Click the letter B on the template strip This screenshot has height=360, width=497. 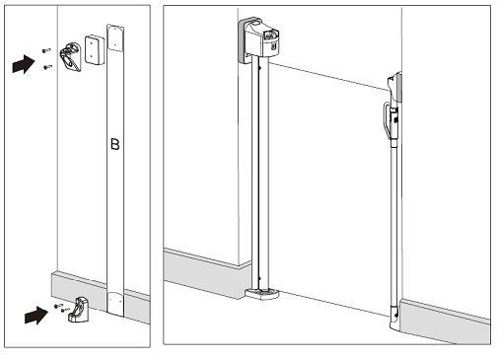(x=114, y=144)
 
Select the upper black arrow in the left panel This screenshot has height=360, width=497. (x=24, y=64)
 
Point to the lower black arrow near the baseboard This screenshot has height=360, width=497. (x=36, y=315)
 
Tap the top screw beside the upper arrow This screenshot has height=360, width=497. (x=46, y=50)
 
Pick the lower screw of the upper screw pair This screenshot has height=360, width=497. (x=48, y=67)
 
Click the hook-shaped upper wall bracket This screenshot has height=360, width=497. (x=71, y=56)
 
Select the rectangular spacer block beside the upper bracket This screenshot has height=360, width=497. (x=95, y=49)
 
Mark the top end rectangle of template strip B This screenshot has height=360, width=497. (x=115, y=37)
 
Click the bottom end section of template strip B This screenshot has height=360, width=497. (x=115, y=305)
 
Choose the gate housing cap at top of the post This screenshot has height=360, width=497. (x=259, y=39)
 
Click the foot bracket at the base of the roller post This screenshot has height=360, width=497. (x=262, y=294)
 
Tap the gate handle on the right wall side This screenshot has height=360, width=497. (x=390, y=120)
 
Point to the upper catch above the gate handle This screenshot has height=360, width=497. (x=394, y=88)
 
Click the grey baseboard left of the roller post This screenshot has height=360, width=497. (x=207, y=273)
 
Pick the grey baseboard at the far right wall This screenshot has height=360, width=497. (x=445, y=321)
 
